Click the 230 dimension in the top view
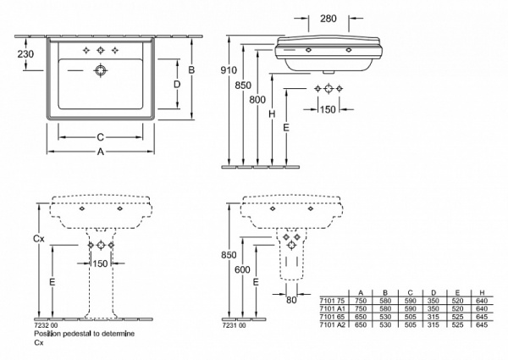25,53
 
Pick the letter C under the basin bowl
100,136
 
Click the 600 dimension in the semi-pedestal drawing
242,269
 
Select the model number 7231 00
234,326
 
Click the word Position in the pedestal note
47,335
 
